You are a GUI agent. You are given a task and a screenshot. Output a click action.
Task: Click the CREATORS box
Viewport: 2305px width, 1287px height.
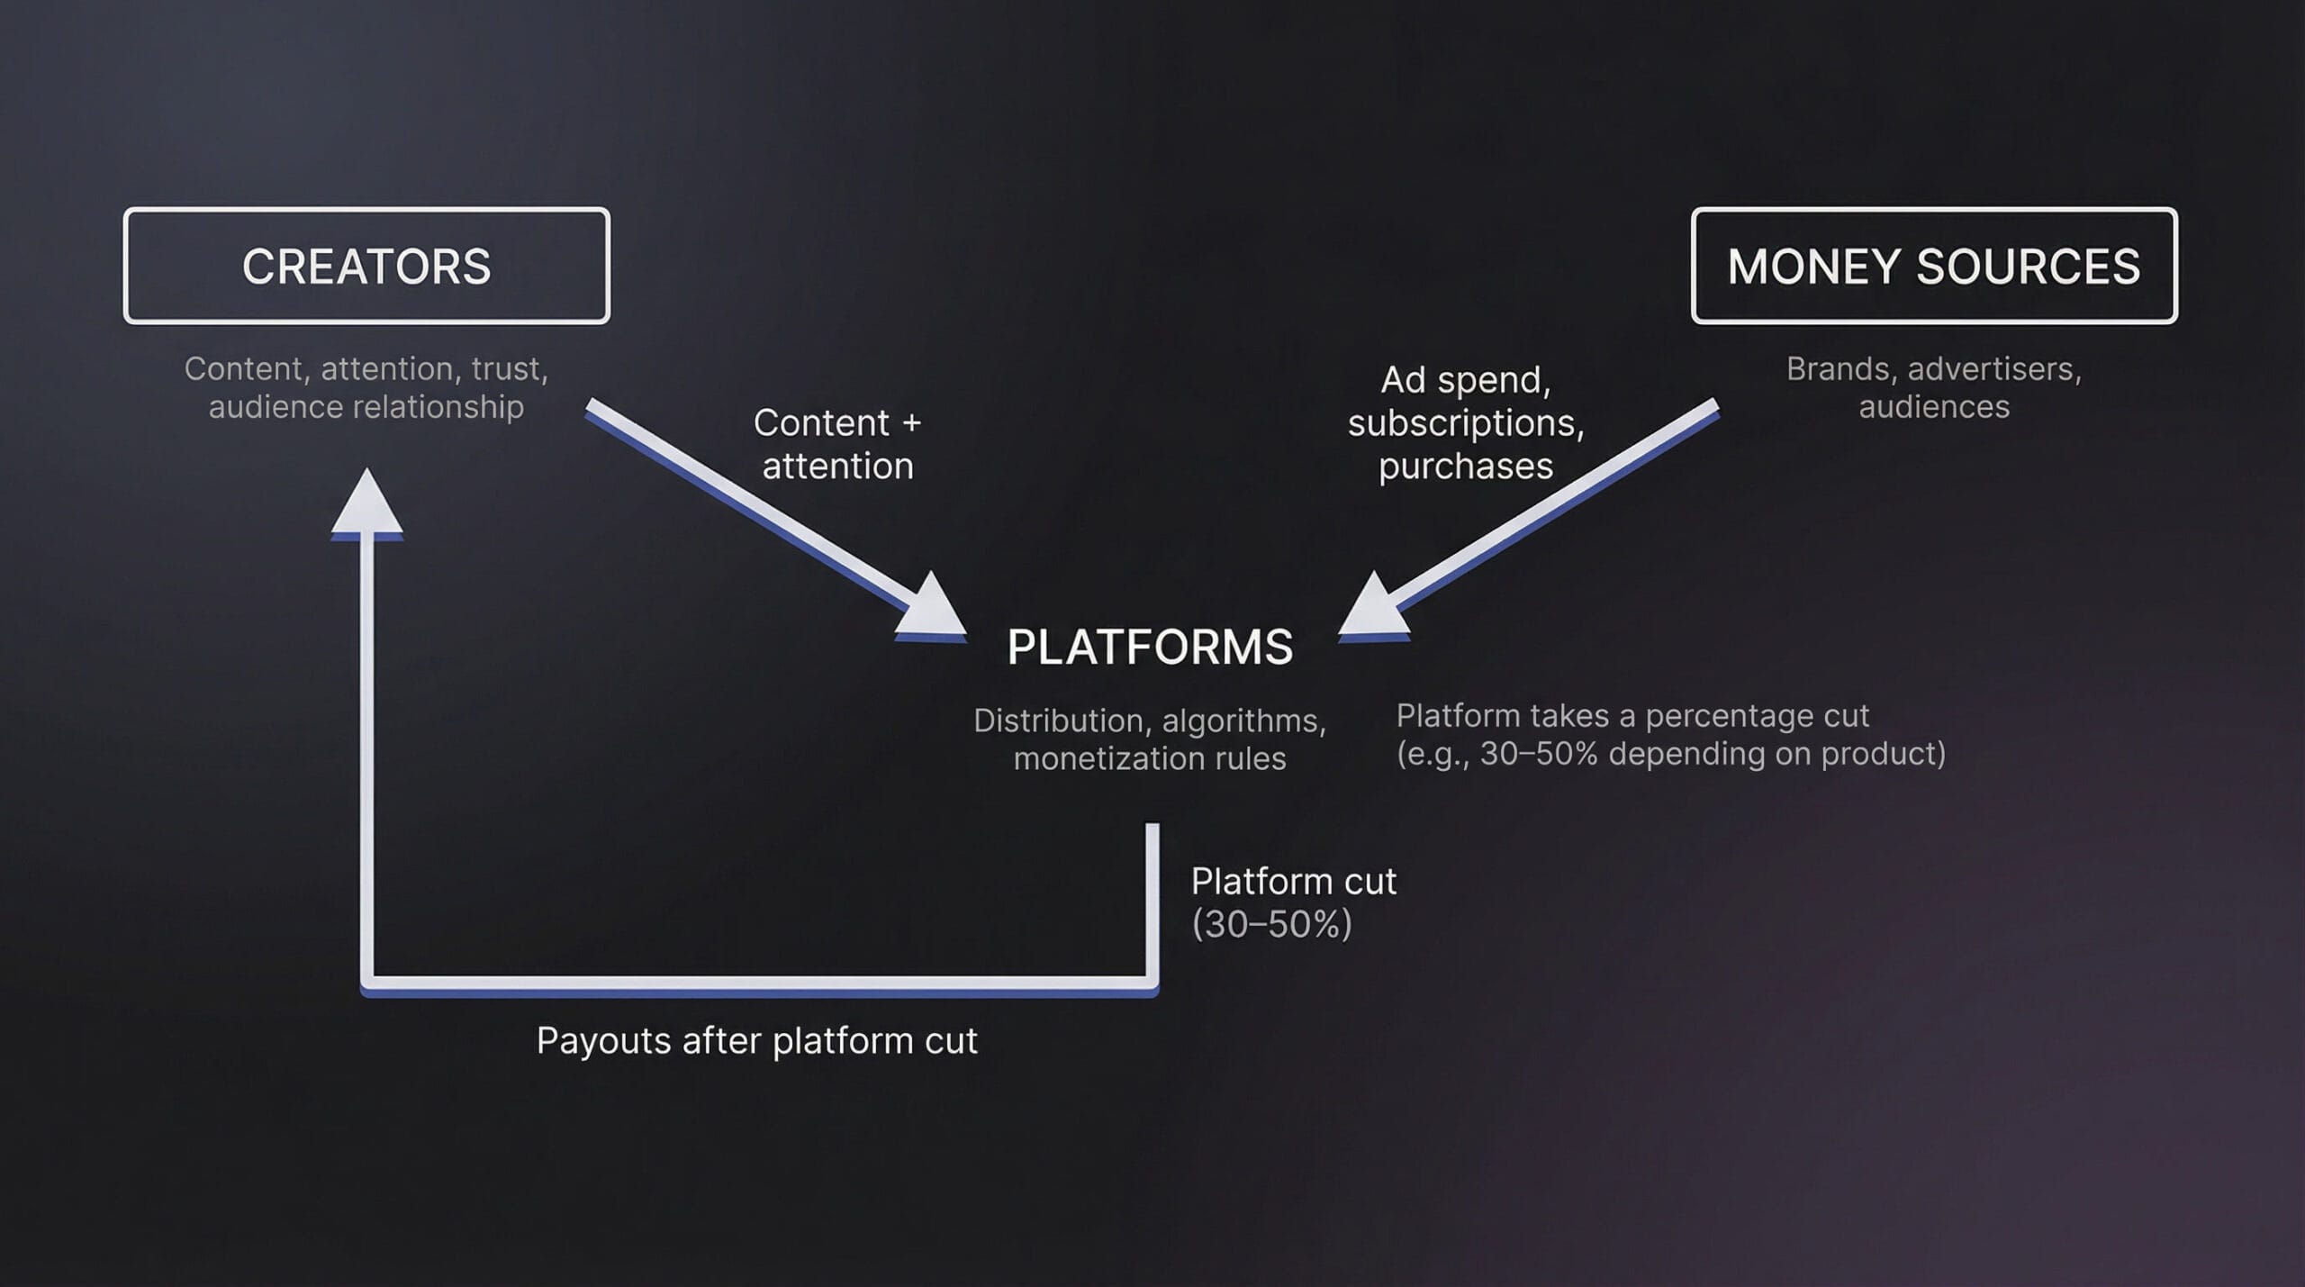point(366,266)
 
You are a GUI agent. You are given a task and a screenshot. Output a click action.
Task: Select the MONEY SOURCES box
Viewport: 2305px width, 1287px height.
point(1934,266)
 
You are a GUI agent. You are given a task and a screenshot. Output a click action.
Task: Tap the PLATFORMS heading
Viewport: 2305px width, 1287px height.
point(1150,647)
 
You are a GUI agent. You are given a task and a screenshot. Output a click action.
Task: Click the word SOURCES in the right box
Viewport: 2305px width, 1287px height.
point(2028,267)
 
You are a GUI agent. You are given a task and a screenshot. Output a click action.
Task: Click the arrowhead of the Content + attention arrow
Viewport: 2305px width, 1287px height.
point(933,609)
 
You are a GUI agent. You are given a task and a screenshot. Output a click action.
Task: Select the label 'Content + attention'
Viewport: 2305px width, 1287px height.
point(837,444)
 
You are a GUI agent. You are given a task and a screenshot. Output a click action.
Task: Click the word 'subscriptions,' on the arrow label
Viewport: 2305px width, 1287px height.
point(1465,423)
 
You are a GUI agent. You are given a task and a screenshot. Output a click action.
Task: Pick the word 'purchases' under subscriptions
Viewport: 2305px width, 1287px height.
point(1465,467)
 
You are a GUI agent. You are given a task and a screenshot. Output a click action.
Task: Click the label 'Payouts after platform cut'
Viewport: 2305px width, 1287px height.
point(756,1041)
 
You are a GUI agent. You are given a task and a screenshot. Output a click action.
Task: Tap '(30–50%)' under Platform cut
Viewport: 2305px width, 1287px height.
point(1271,925)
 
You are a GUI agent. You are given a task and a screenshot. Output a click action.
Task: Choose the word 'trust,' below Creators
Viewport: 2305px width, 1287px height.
point(510,369)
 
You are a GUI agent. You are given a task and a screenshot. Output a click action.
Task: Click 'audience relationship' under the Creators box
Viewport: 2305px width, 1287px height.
point(366,407)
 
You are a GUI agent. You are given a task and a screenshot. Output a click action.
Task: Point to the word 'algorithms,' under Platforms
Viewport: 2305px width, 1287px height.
point(1243,721)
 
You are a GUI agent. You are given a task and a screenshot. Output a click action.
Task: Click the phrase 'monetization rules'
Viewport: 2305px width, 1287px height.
point(1150,759)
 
